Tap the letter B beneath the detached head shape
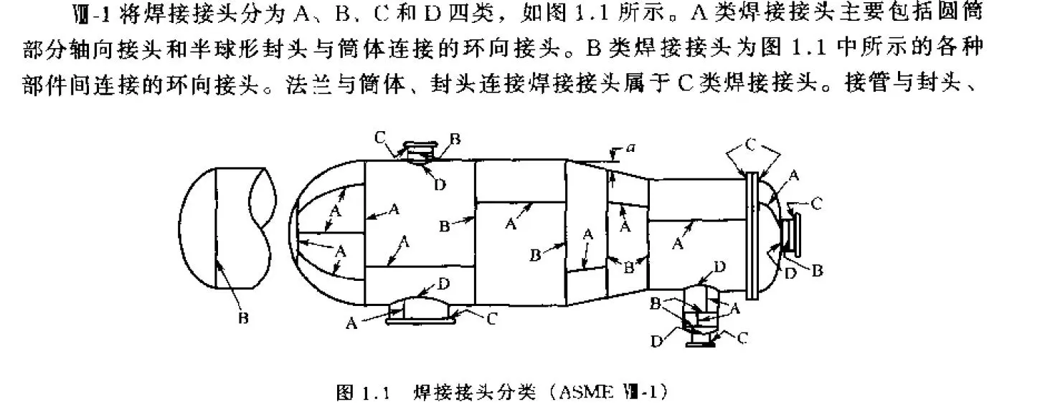[x=242, y=318]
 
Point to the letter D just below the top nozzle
[x=440, y=184]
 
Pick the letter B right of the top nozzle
[x=455, y=136]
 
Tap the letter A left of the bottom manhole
[x=351, y=324]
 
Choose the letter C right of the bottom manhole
[x=491, y=320]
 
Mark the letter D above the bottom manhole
[x=444, y=284]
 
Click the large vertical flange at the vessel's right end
[x=752, y=235]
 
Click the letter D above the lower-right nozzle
[x=719, y=267]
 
